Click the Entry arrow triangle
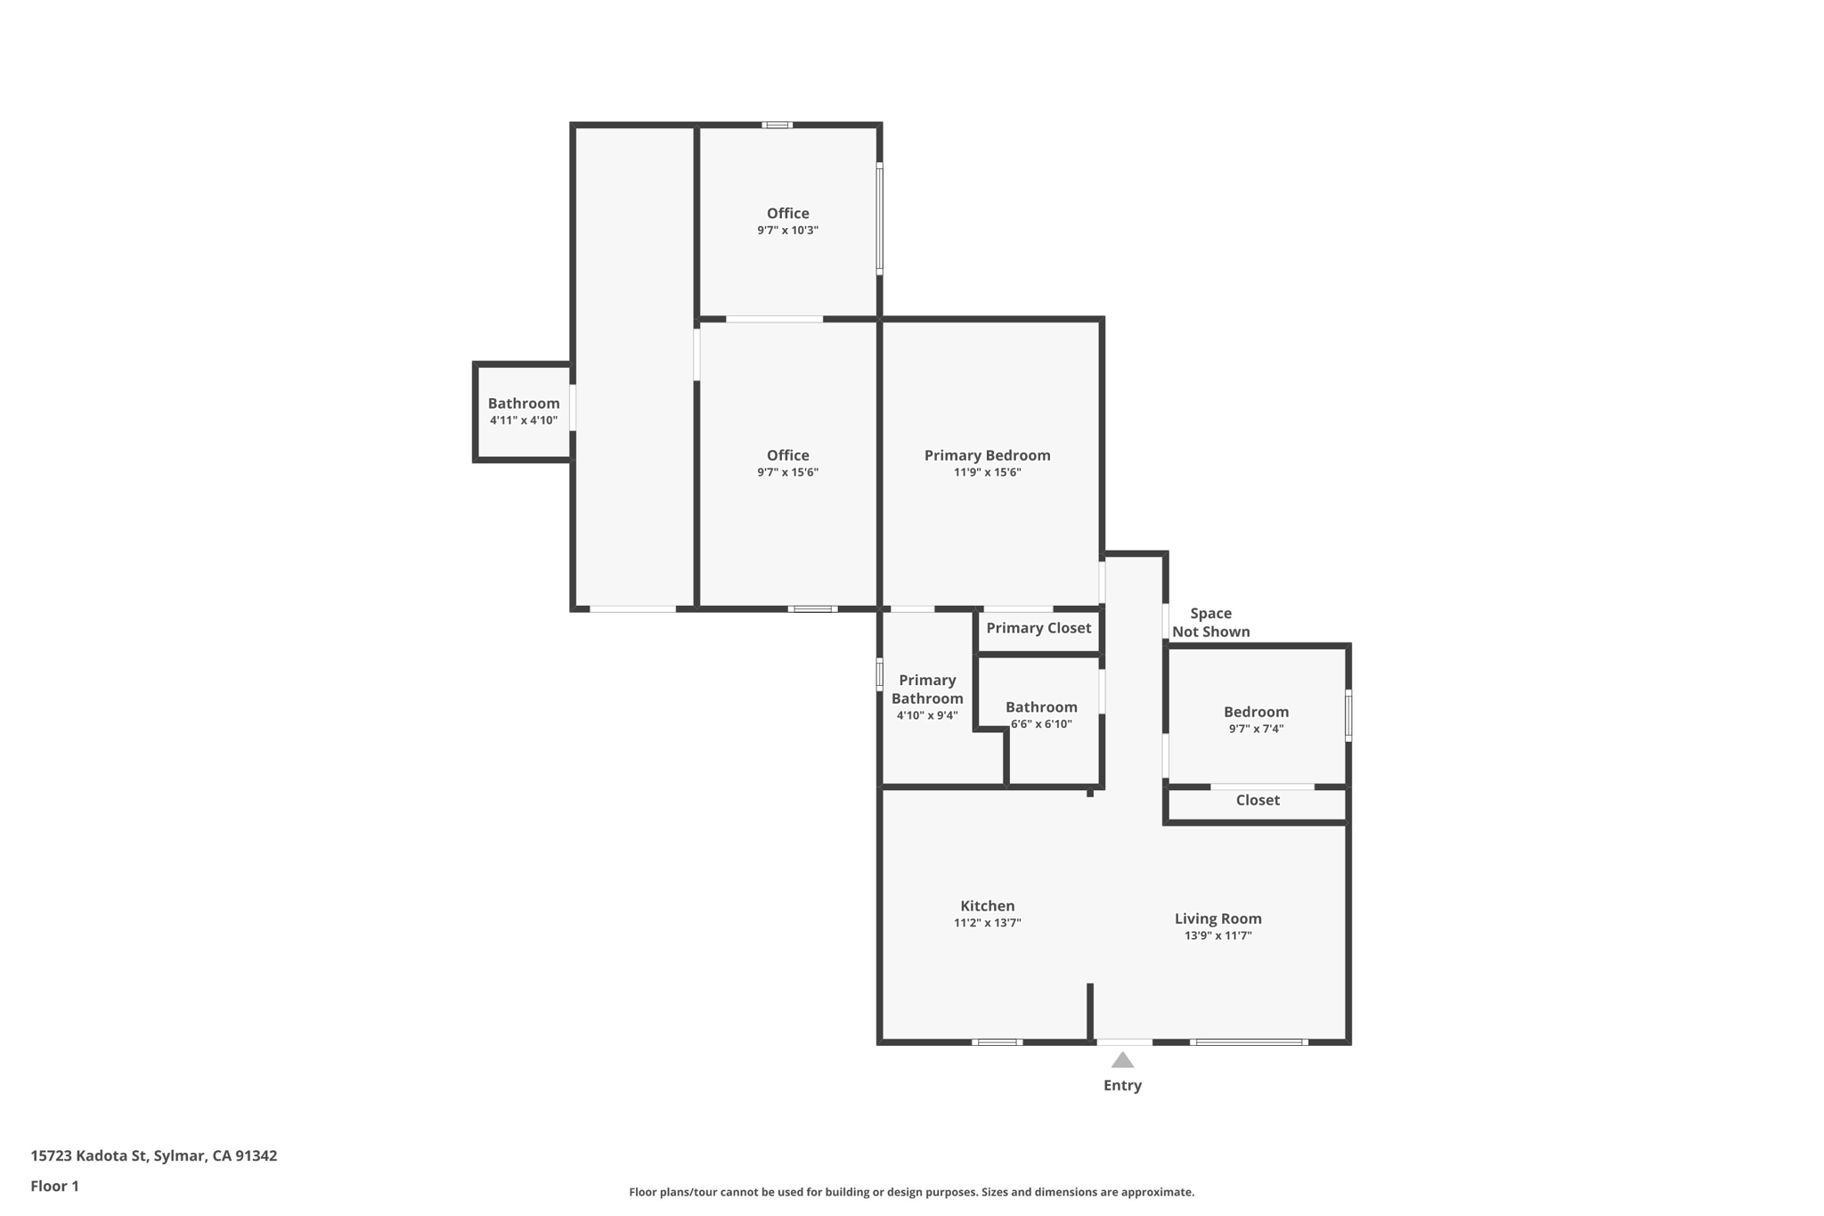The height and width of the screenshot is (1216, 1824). [x=1122, y=1060]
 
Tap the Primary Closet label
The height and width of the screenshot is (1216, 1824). [x=1038, y=628]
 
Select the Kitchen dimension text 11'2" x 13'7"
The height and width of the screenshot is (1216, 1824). [x=987, y=923]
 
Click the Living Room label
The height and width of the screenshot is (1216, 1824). [x=1217, y=918]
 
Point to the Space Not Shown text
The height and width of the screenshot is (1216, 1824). [x=1210, y=623]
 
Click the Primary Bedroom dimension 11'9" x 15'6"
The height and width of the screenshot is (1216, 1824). [x=987, y=472]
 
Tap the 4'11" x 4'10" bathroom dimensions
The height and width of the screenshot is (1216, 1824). [x=524, y=420]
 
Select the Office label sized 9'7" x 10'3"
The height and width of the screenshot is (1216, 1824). [x=788, y=213]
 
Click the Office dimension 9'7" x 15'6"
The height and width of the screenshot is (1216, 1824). [x=788, y=472]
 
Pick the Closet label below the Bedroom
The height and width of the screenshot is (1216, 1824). [x=1258, y=800]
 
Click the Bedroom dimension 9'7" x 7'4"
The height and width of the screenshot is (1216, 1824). [x=1256, y=729]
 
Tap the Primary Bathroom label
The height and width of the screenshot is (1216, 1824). [x=927, y=690]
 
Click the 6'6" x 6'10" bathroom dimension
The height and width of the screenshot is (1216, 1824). [x=1041, y=724]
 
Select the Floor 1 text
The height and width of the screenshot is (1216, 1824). [x=54, y=1186]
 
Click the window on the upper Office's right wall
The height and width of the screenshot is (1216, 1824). [x=879, y=218]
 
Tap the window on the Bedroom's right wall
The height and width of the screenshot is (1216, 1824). [x=1348, y=715]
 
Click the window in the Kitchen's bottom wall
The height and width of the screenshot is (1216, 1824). [x=997, y=1041]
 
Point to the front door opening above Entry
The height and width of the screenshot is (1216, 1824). [x=1124, y=1041]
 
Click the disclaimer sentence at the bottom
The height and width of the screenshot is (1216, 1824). [x=911, y=1192]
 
